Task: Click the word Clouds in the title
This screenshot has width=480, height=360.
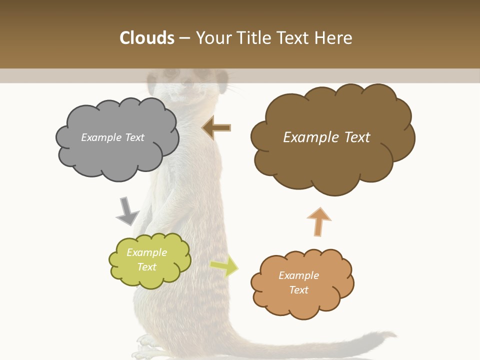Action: (147, 38)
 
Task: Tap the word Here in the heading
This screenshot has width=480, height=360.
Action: (333, 38)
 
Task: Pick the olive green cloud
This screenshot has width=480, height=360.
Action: (149, 260)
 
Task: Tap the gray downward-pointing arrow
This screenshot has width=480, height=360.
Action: (127, 211)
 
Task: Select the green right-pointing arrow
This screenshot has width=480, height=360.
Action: (224, 266)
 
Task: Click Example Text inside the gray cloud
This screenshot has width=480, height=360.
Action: (112, 137)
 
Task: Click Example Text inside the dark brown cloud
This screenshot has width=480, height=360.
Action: (326, 137)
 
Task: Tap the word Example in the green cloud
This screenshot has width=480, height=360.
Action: (146, 252)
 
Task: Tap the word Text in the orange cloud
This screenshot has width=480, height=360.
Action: (298, 290)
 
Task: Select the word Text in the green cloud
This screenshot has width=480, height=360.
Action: (146, 267)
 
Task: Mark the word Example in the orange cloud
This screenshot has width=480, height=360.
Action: (298, 275)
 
